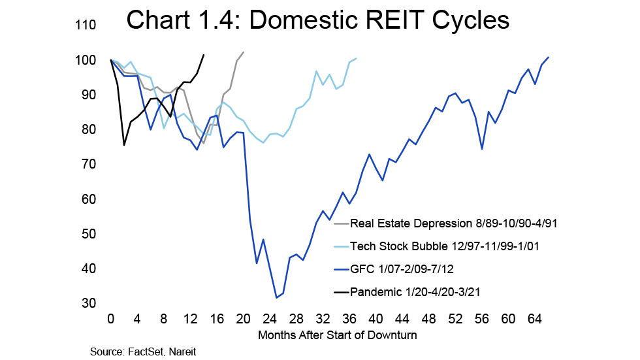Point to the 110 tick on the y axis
(x=86, y=25)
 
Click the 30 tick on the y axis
(x=89, y=303)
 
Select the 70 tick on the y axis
(x=89, y=165)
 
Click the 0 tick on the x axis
(x=111, y=320)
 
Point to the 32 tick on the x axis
(x=323, y=320)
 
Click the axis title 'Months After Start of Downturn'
(x=338, y=335)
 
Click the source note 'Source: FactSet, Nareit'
(x=143, y=352)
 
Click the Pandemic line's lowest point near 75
(x=124, y=145)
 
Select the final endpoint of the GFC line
(x=549, y=57)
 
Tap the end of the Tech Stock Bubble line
(x=356, y=58)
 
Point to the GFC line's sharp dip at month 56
(x=481, y=149)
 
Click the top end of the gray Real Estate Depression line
(x=244, y=52)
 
